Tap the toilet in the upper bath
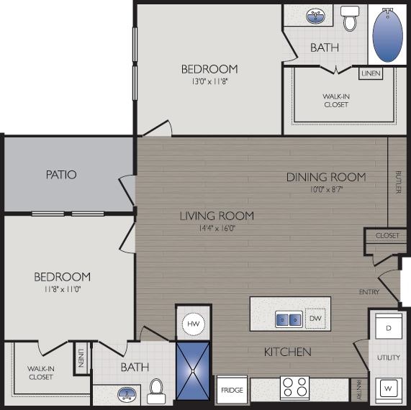(350, 19)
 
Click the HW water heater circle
(194, 324)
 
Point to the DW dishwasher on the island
(315, 319)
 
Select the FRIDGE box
(232, 390)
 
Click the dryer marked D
(389, 328)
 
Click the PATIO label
(61, 174)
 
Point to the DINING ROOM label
(326, 177)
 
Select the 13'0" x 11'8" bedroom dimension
(209, 82)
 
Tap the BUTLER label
(398, 182)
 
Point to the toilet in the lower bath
(155, 391)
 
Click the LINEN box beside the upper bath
(371, 73)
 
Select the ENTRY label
(369, 291)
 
